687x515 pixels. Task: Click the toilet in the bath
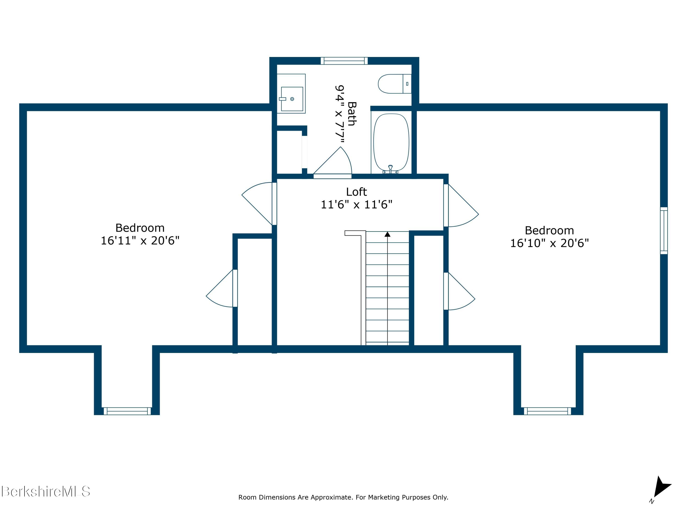click(394, 84)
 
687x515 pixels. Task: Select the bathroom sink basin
click(292, 99)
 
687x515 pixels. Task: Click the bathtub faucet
click(390, 169)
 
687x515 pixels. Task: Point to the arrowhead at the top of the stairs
click(387, 234)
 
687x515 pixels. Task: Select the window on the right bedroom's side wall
click(664, 230)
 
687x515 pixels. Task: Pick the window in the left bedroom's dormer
click(127, 411)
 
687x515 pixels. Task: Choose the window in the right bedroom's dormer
click(547, 411)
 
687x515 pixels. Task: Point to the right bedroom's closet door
click(459, 291)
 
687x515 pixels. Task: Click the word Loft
click(356, 192)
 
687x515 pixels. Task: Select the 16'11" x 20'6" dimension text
click(140, 241)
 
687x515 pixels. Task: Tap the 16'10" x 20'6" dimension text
click(549, 243)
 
